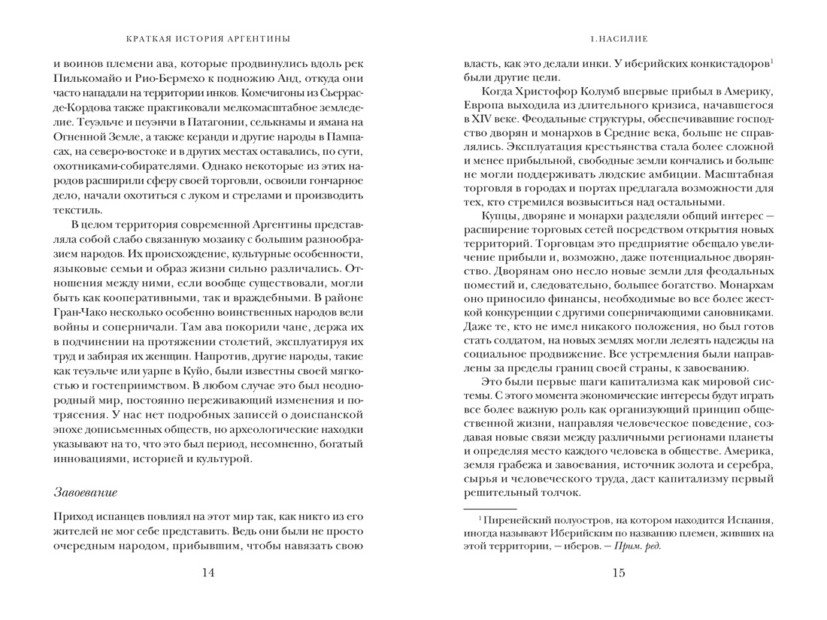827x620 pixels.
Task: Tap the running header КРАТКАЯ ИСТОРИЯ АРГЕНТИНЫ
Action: pos(208,38)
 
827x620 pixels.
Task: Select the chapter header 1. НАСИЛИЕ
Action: pos(619,38)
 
